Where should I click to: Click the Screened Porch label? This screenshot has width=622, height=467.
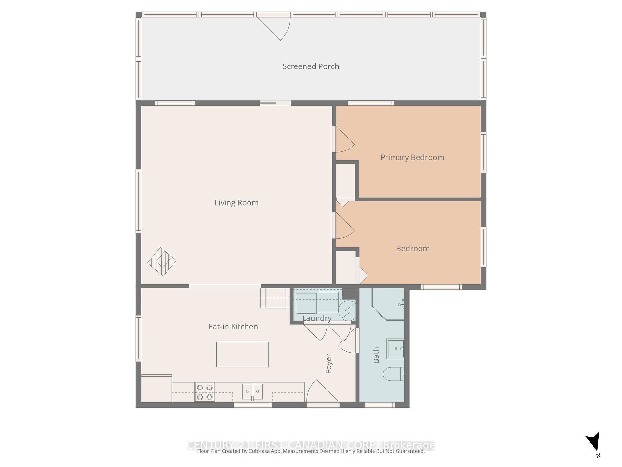tap(311, 66)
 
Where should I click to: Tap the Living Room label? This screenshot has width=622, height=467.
tap(236, 203)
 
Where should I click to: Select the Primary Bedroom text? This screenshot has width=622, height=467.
tap(412, 157)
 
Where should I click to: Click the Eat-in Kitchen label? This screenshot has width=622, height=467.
tap(233, 327)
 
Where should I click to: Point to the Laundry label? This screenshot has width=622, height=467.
tap(317, 318)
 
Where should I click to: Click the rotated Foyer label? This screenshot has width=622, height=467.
tap(328, 364)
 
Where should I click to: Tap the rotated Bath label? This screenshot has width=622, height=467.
tap(376, 355)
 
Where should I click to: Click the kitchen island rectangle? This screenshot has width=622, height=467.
tap(242, 354)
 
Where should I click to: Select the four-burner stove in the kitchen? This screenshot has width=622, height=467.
tap(204, 392)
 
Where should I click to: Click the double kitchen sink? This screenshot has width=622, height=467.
tap(252, 391)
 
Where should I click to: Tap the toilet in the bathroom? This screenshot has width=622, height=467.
tap(393, 374)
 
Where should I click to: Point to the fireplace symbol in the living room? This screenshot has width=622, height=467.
tap(162, 262)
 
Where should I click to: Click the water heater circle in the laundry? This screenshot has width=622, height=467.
tap(347, 310)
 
